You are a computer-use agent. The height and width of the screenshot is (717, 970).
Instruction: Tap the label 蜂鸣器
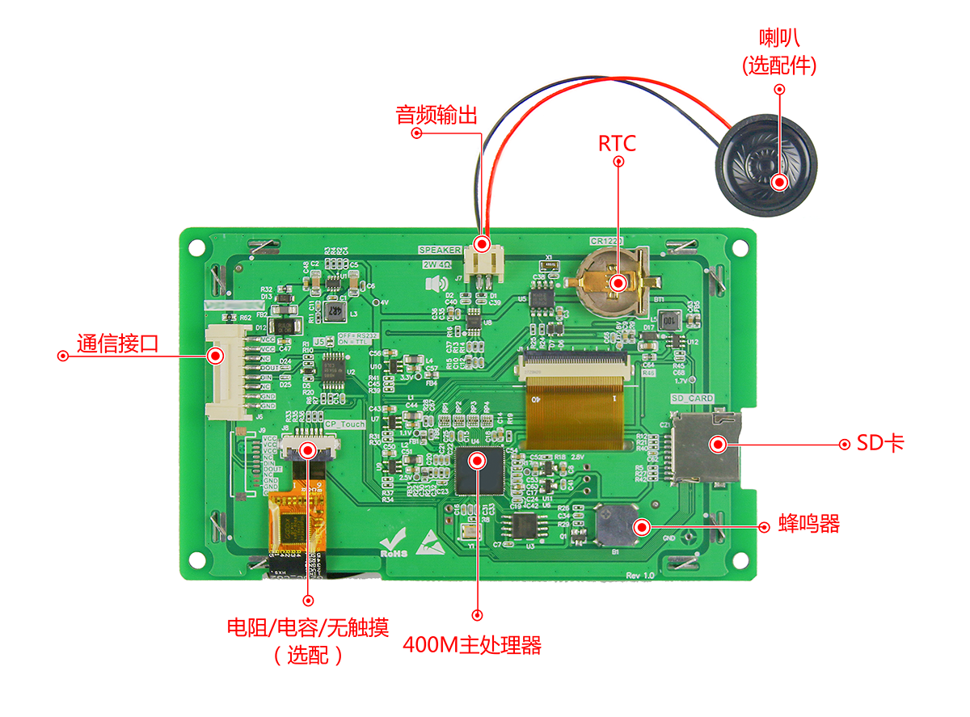[809, 524]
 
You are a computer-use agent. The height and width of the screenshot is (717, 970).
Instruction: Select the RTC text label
[617, 143]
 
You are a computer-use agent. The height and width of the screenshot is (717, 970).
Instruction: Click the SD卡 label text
[880, 443]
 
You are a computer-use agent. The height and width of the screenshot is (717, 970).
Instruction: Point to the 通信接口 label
[117, 344]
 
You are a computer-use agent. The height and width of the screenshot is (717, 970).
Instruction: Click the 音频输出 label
[436, 114]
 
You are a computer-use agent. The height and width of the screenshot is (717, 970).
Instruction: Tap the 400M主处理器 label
[471, 645]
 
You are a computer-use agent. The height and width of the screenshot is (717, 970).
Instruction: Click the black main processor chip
[479, 469]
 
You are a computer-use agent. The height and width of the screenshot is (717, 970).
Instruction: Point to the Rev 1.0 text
[640, 574]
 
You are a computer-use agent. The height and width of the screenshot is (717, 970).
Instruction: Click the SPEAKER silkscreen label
[439, 250]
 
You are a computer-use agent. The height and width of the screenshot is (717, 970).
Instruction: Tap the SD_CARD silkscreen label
[692, 399]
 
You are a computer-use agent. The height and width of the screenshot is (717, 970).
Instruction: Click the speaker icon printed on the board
[436, 283]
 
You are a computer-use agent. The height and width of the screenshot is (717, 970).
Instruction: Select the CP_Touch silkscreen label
[344, 424]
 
